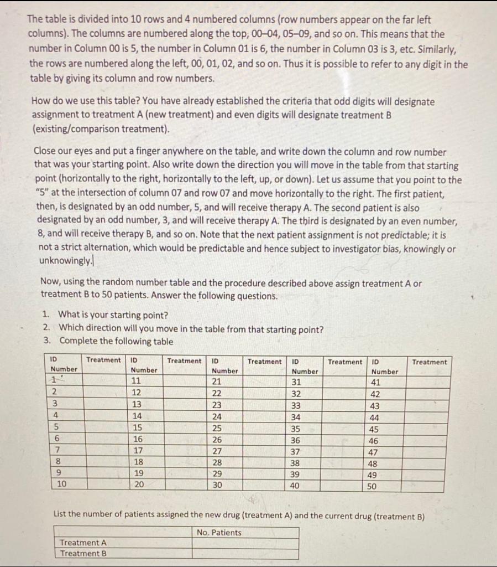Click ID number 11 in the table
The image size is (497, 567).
136,380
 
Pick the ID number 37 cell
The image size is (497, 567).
296,452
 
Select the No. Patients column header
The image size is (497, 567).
219,533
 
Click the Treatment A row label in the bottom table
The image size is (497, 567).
83,543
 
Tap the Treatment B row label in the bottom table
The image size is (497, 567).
83,553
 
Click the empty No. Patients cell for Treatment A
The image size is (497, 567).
245,543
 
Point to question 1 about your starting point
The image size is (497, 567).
113,316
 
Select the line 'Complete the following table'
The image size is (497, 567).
116,341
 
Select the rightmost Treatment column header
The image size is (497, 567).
430,362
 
